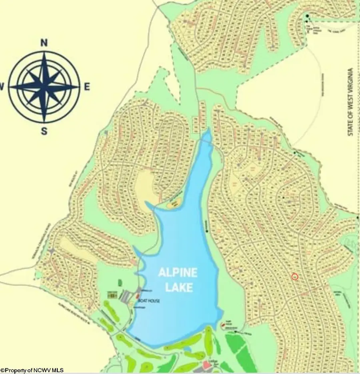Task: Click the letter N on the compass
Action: (44, 43)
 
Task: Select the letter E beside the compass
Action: (87, 86)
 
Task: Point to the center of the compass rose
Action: (44, 86)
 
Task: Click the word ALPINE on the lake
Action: (178, 273)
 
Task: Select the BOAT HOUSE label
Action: (149, 301)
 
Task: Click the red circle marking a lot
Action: (295, 276)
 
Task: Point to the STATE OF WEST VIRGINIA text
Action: (350, 102)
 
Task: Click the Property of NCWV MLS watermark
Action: (32, 370)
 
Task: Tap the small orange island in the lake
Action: (173, 203)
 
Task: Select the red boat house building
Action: (138, 296)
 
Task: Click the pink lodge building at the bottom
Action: (207, 365)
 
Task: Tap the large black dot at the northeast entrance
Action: (307, 16)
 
